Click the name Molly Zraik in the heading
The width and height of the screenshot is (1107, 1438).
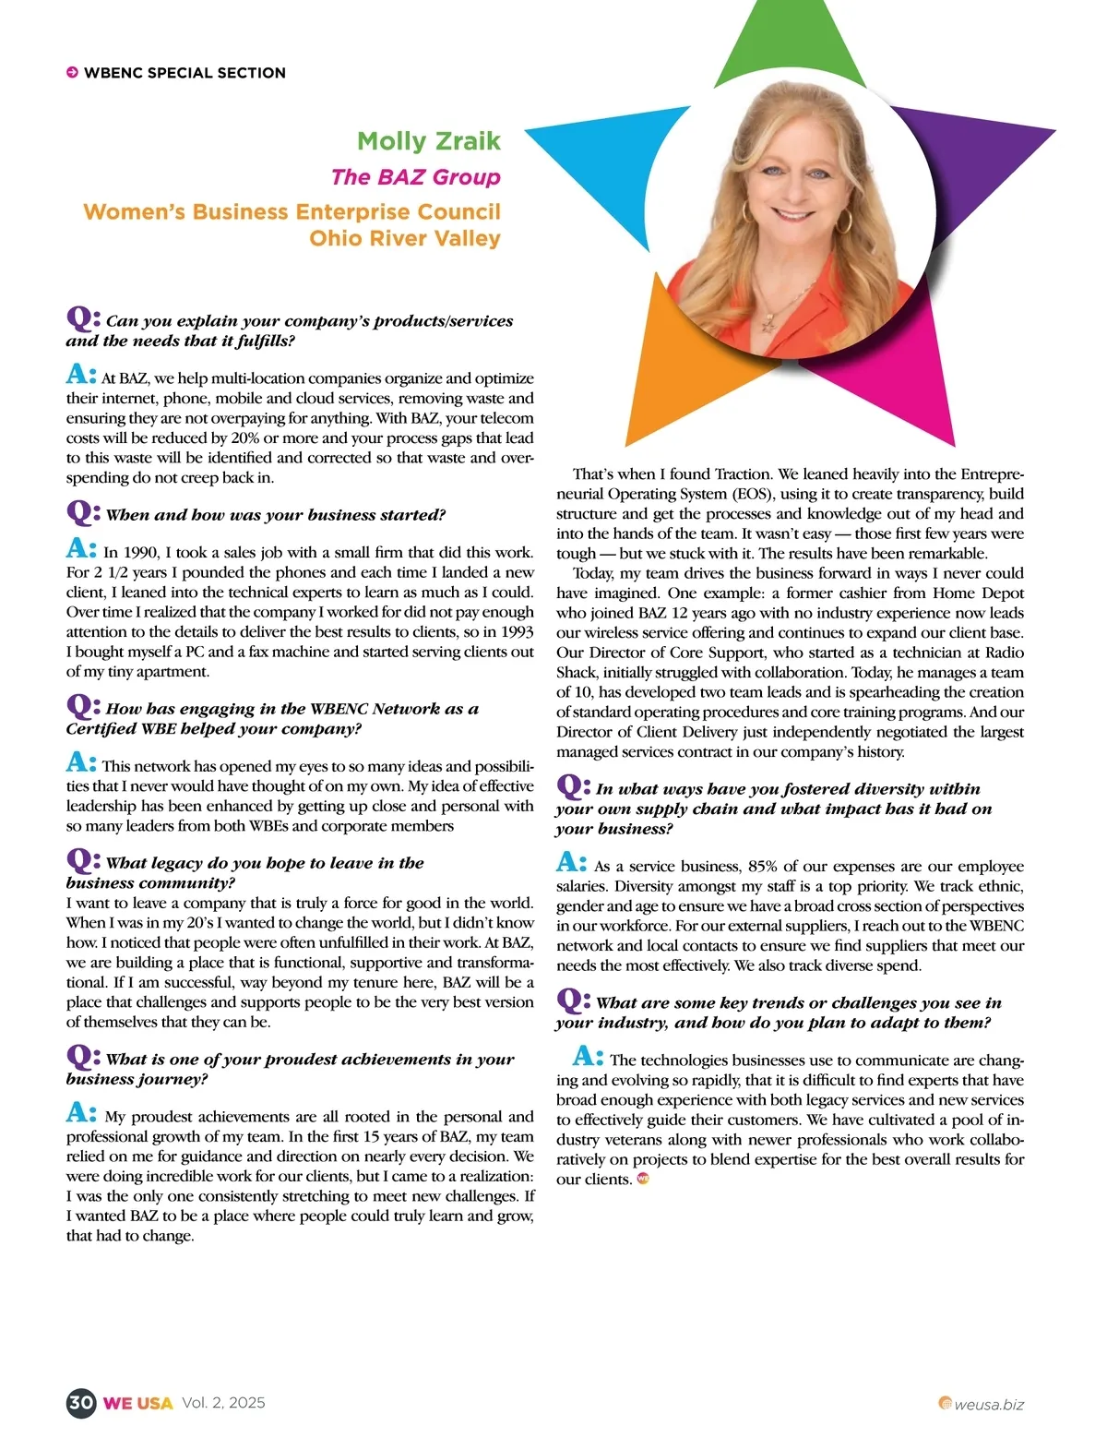pyautogui.click(x=429, y=141)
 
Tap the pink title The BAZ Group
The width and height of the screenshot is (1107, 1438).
pyautogui.click(x=415, y=177)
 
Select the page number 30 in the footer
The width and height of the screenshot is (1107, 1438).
pyautogui.click(x=81, y=1403)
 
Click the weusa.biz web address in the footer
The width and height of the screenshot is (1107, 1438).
pyautogui.click(x=988, y=1405)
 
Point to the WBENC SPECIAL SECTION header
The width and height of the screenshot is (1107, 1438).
pyautogui.click(x=184, y=73)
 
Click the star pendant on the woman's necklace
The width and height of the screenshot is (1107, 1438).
pyautogui.click(x=768, y=324)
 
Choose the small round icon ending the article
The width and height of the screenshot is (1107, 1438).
pyautogui.click(x=643, y=1179)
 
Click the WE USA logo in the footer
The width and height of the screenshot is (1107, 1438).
pyautogui.click(x=137, y=1404)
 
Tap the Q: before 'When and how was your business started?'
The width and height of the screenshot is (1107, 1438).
pyautogui.click(x=82, y=512)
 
